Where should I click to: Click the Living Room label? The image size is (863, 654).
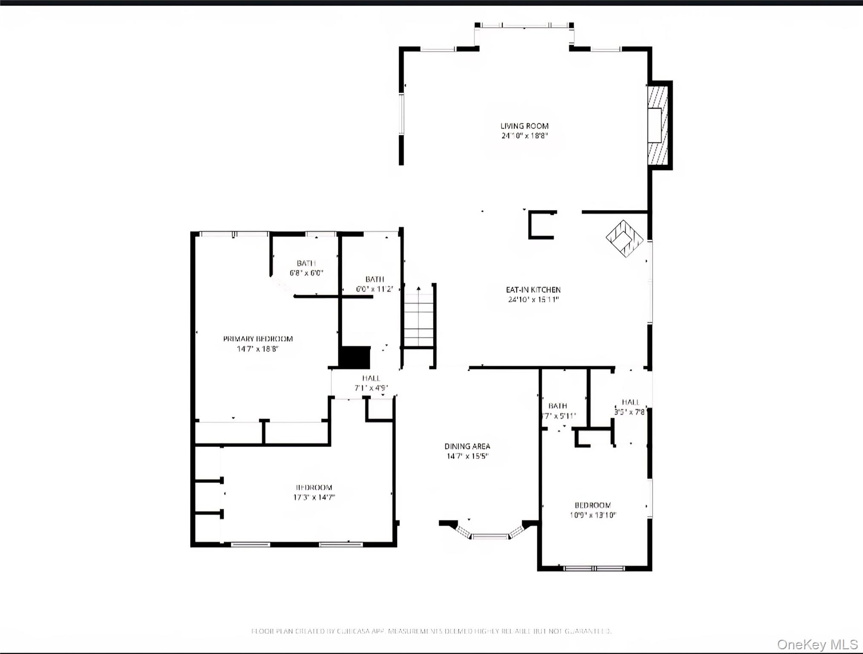tap(524, 126)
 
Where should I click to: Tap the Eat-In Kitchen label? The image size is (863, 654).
tap(533, 290)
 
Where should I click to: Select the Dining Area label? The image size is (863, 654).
tap(467, 446)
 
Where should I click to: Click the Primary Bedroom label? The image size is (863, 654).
tap(258, 339)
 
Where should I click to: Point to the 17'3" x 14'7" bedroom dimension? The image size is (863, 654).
tap(314, 497)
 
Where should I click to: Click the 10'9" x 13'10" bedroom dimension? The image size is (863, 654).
tap(593, 515)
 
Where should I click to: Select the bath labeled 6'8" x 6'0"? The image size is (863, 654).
tap(306, 268)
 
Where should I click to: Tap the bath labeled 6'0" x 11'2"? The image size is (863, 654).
tap(374, 284)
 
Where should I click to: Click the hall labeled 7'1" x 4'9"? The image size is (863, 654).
tap(371, 383)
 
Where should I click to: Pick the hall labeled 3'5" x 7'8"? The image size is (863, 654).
tap(630, 407)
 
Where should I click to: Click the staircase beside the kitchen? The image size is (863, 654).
tap(419, 319)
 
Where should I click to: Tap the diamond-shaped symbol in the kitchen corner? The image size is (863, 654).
tap(624, 238)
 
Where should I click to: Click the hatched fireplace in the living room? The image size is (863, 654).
tap(658, 125)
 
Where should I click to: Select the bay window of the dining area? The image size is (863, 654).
tap(489, 534)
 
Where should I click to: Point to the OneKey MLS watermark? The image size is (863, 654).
tap(817, 644)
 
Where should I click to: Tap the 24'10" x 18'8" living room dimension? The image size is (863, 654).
tap(524, 136)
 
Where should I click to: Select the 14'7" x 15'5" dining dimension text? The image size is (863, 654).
tap(467, 456)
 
